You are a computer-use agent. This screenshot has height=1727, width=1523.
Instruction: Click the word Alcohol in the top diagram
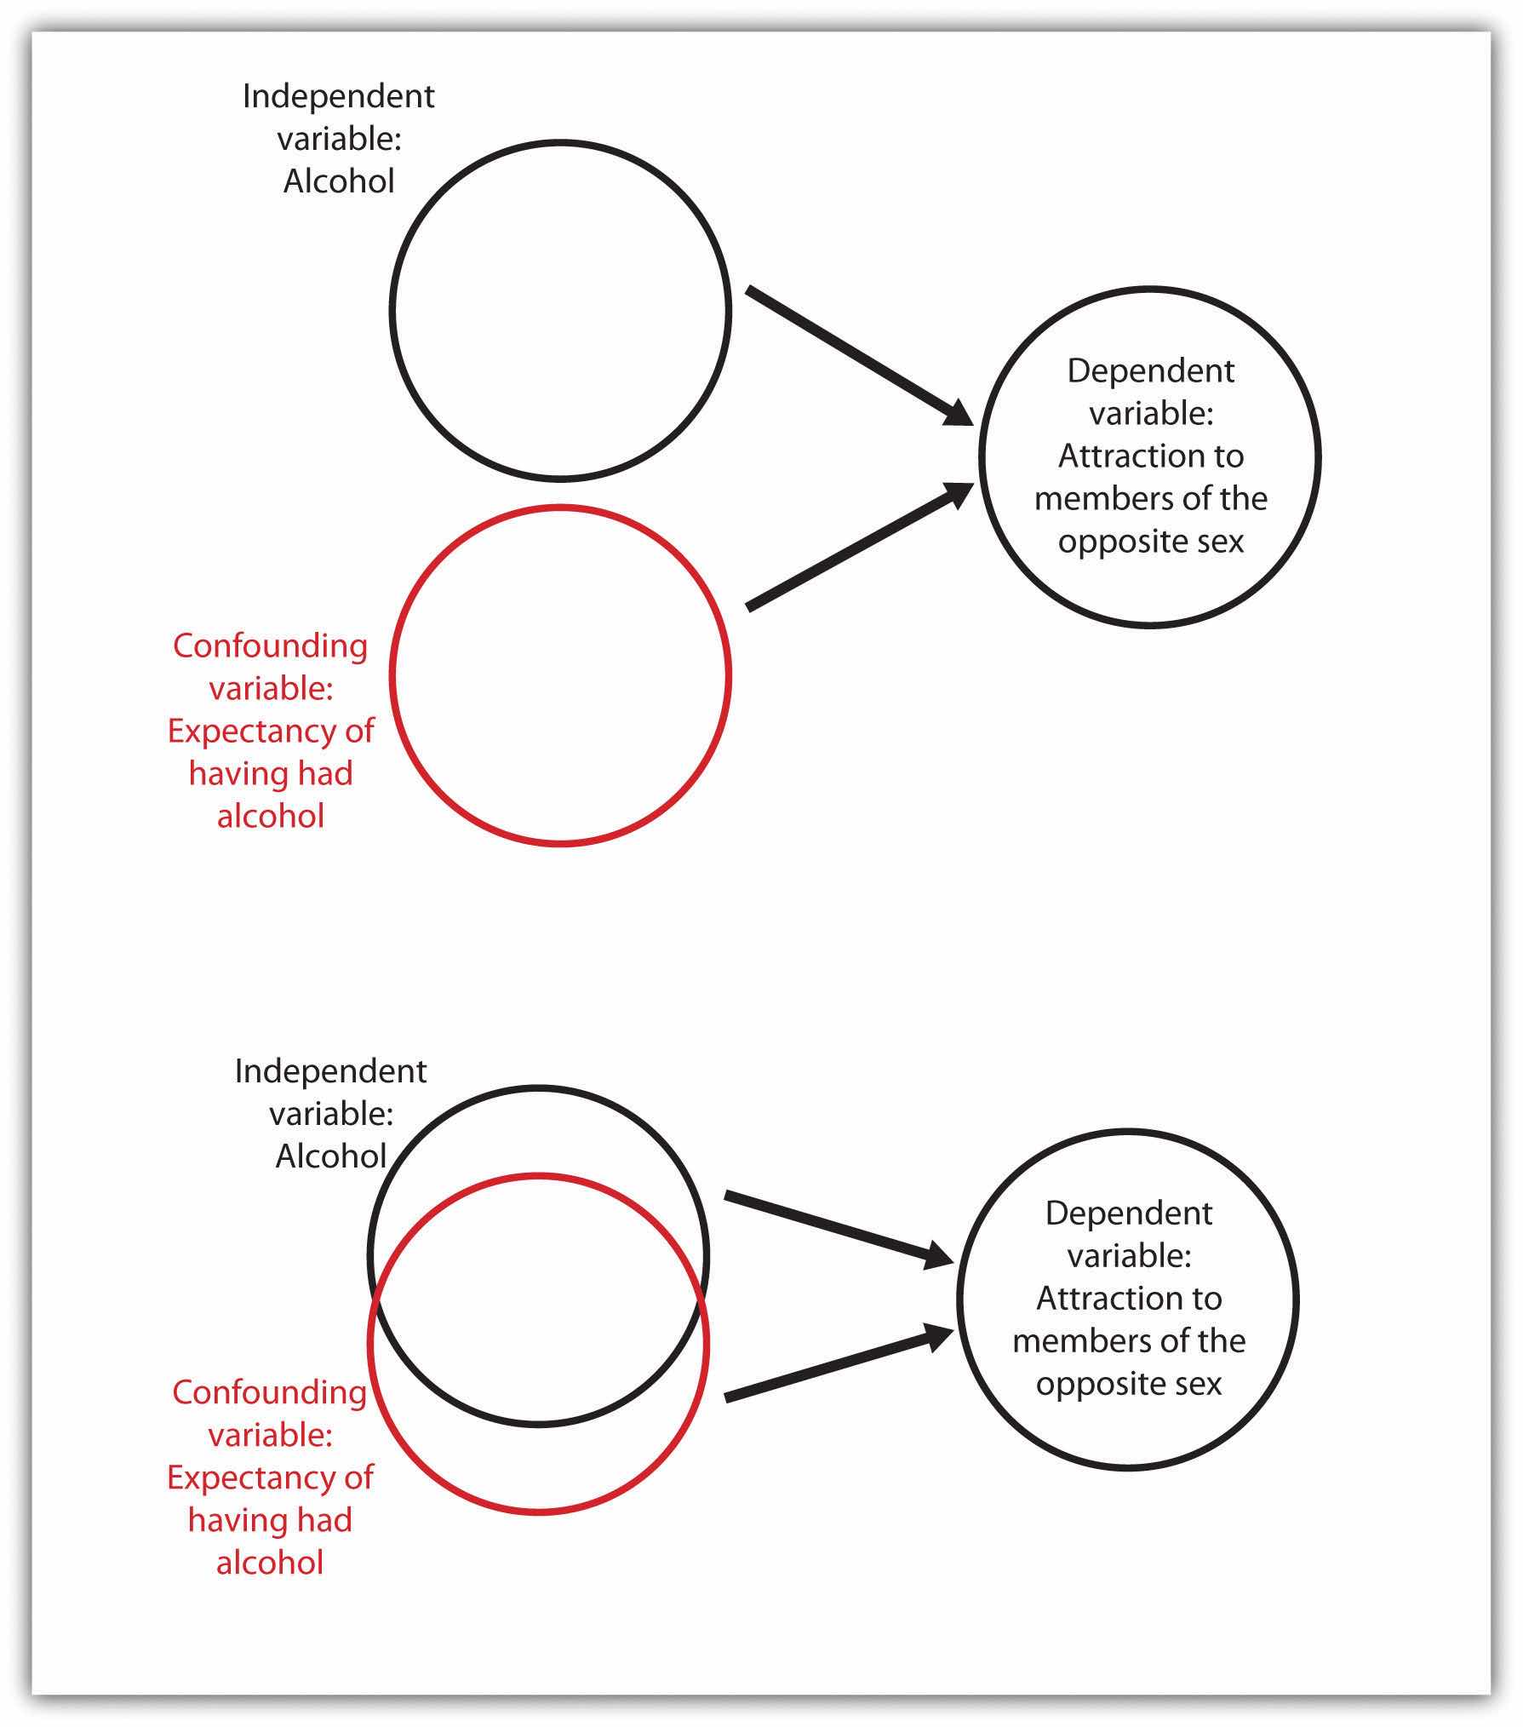pos(339,181)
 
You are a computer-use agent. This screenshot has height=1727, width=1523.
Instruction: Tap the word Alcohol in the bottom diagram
pos(331,1156)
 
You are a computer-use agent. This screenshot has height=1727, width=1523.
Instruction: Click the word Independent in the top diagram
pos(339,96)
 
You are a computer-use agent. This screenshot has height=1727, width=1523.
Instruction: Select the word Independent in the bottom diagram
pos(331,1071)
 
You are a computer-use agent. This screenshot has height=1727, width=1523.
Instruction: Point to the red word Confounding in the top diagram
pos(271,645)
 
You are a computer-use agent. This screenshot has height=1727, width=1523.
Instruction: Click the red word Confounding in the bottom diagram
pos(270,1392)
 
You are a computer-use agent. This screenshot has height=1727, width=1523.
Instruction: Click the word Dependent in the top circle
pos(1151,371)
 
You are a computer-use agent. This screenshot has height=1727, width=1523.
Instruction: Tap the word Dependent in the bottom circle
pos(1129,1213)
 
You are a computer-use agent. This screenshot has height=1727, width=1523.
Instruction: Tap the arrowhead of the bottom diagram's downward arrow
pos(938,1256)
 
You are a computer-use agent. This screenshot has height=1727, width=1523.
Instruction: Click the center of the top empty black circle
pos(560,310)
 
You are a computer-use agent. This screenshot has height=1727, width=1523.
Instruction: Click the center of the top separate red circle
pos(560,675)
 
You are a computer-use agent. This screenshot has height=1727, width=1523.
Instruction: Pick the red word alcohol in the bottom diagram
pos(270,1563)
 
